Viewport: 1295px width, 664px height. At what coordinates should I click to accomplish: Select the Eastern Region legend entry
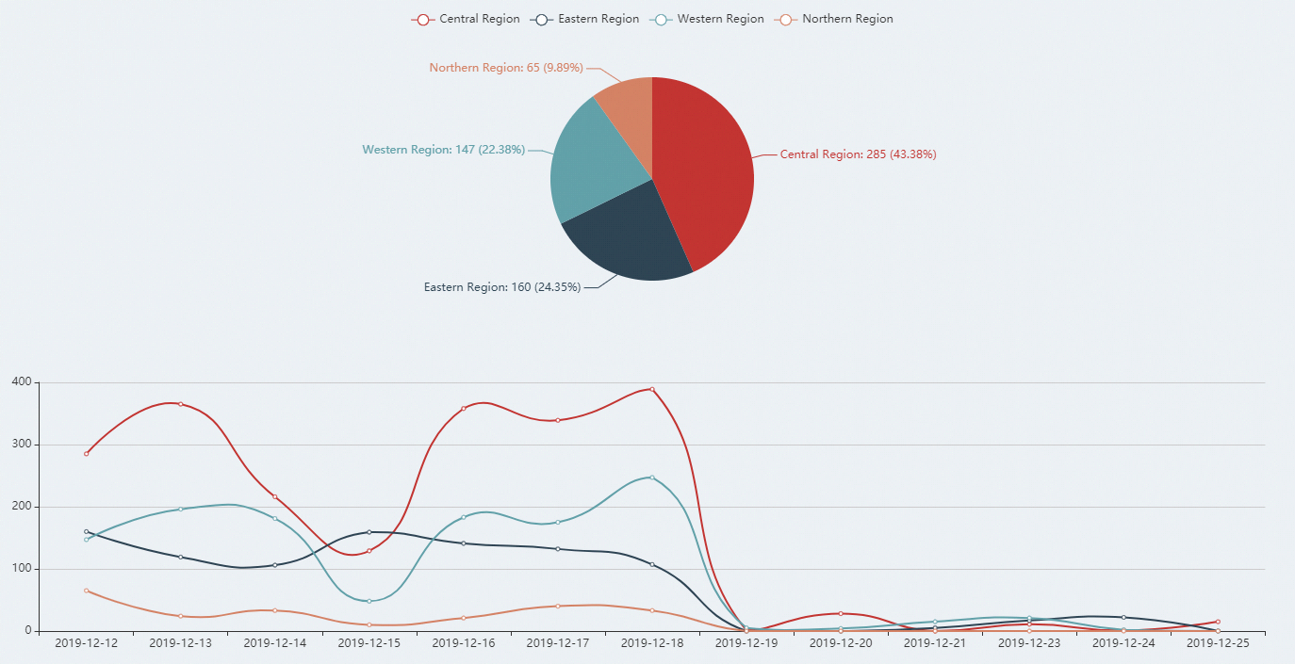[586, 19]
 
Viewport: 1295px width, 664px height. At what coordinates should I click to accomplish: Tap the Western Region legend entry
[709, 19]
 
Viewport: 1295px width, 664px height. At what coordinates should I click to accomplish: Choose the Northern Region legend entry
[835, 19]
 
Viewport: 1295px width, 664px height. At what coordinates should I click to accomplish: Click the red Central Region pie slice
[707, 170]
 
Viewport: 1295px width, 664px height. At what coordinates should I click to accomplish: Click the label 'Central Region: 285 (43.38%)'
[858, 154]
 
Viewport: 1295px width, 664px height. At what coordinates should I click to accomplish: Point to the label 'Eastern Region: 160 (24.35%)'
[502, 287]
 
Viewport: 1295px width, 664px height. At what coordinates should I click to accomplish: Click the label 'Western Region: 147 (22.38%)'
[444, 150]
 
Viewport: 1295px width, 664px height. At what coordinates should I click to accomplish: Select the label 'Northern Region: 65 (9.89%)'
[506, 68]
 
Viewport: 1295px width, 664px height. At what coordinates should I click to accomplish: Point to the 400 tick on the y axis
[21, 382]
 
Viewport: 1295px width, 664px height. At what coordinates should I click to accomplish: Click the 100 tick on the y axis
[21, 569]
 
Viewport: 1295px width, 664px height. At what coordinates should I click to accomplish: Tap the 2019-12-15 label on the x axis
[369, 643]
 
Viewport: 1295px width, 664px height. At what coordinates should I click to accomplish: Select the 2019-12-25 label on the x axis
[1217, 643]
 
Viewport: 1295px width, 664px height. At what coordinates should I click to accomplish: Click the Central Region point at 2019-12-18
[651, 389]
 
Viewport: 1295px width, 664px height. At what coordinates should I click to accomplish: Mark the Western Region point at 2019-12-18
[651, 478]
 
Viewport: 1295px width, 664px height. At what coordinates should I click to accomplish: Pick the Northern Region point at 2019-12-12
[86, 591]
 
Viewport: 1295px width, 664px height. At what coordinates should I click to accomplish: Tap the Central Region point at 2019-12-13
[180, 404]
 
